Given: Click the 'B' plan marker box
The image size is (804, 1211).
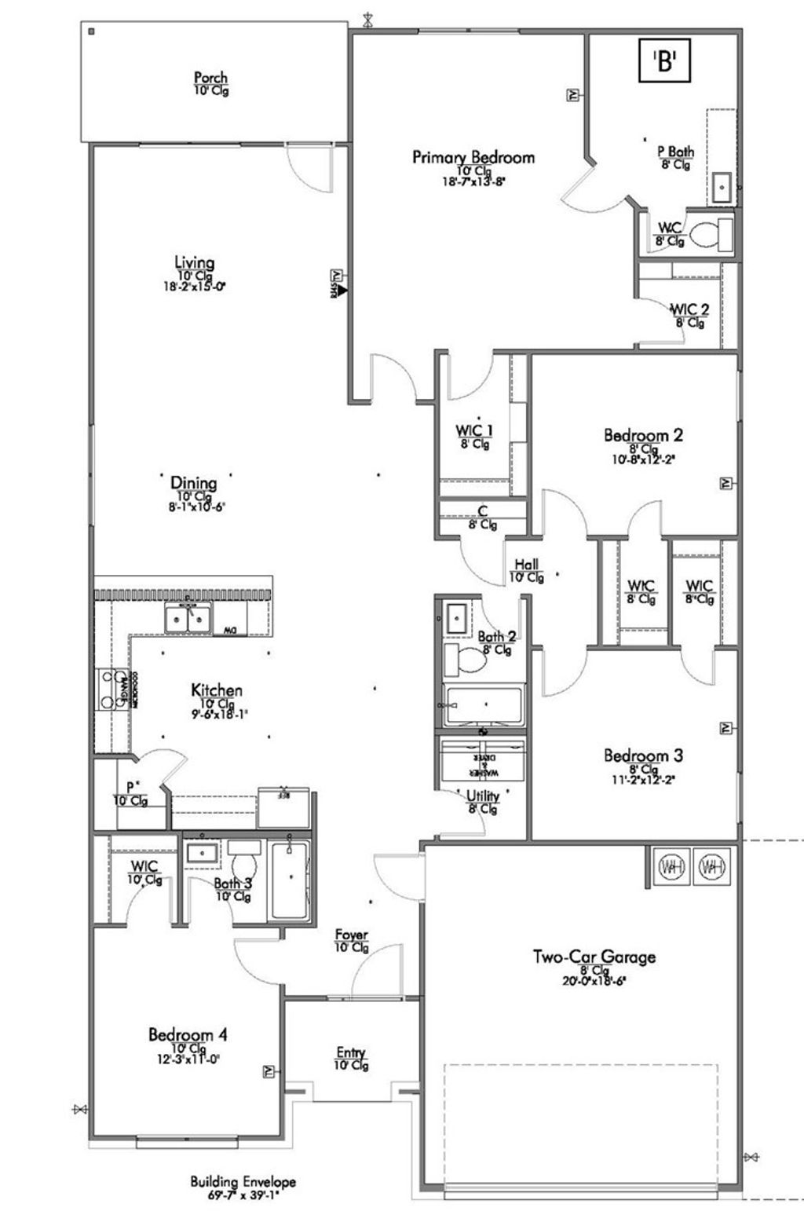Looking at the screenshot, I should coord(664,61).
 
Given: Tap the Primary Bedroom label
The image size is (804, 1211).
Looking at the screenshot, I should coord(473,158).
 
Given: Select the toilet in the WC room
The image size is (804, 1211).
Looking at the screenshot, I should coord(711,233).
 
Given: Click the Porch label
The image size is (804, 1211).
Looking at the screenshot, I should coord(210,78).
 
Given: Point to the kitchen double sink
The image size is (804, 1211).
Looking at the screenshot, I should coord(188,619).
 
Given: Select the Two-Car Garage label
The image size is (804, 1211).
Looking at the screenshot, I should coord(594,957).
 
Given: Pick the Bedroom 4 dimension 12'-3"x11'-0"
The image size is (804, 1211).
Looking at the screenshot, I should coord(188,1059).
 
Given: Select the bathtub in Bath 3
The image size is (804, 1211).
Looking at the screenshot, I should coord(291,880).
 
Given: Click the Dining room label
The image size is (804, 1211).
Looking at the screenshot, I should coord(193,483).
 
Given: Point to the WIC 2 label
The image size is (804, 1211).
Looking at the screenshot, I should coord(689,309).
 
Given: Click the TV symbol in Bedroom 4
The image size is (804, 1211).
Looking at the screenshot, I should coord(268,1071).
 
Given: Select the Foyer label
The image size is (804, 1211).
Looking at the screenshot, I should coord(351,935).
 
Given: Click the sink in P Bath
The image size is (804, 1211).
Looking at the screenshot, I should coord(722,188).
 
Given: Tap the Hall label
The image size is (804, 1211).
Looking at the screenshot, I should coord(526,565).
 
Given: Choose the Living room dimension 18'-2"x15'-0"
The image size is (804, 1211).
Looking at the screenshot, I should coord(194,287).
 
